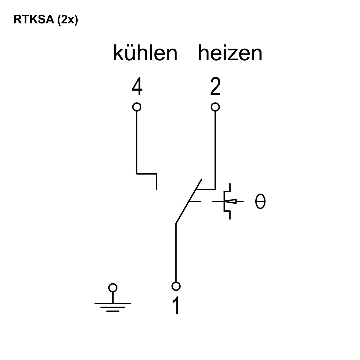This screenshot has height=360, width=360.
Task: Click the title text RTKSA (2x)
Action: click(46, 19)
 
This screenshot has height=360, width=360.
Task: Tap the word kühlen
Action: click(145, 53)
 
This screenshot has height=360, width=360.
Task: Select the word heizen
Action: click(230, 53)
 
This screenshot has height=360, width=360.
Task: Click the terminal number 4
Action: click(137, 86)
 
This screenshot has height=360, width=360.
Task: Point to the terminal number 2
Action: click(215, 86)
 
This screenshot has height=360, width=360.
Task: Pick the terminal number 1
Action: click(176, 306)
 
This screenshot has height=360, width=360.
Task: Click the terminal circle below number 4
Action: click(137, 107)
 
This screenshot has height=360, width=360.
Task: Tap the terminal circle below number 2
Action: click(215, 107)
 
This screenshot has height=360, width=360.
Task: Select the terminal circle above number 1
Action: click(176, 286)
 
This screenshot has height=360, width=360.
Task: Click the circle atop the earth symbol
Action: click(113, 288)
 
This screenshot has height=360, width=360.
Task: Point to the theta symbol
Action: click(260, 201)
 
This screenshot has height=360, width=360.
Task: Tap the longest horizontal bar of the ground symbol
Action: click(113, 303)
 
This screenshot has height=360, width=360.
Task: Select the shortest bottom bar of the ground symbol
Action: click(113, 311)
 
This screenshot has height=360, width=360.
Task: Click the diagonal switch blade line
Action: click(189, 201)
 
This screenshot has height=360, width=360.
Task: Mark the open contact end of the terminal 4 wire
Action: click(156, 189)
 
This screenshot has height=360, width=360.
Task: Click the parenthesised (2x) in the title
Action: click(67, 20)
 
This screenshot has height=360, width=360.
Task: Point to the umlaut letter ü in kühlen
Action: click(130, 54)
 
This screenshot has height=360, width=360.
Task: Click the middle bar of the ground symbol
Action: click(113, 307)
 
